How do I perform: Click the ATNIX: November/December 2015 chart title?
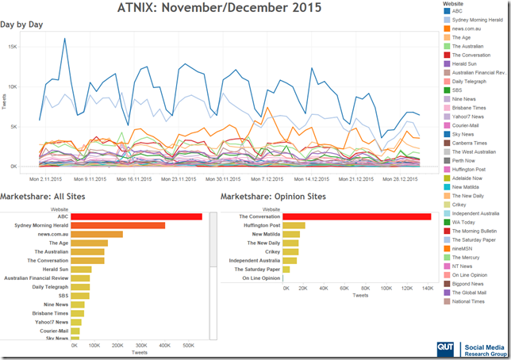(x=219, y=7)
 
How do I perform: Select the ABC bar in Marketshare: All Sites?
(x=136, y=216)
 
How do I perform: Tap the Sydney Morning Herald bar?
(x=117, y=225)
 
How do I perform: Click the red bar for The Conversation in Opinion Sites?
(x=357, y=216)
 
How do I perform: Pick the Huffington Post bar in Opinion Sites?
(x=294, y=225)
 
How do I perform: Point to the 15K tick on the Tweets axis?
(x=13, y=47)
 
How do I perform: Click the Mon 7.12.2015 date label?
(x=267, y=179)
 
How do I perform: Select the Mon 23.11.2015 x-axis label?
(x=179, y=179)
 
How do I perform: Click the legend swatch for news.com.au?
(x=447, y=29)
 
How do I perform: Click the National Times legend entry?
(x=464, y=301)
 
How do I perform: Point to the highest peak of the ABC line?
(x=64, y=38)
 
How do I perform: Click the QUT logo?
(x=445, y=349)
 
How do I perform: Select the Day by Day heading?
(x=21, y=25)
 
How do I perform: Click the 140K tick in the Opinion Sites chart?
(x=428, y=289)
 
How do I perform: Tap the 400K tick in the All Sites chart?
(x=164, y=346)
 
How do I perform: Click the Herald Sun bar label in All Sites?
(x=56, y=270)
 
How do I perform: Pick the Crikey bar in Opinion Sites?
(x=290, y=252)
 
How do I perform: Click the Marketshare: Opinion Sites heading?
(x=273, y=197)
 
